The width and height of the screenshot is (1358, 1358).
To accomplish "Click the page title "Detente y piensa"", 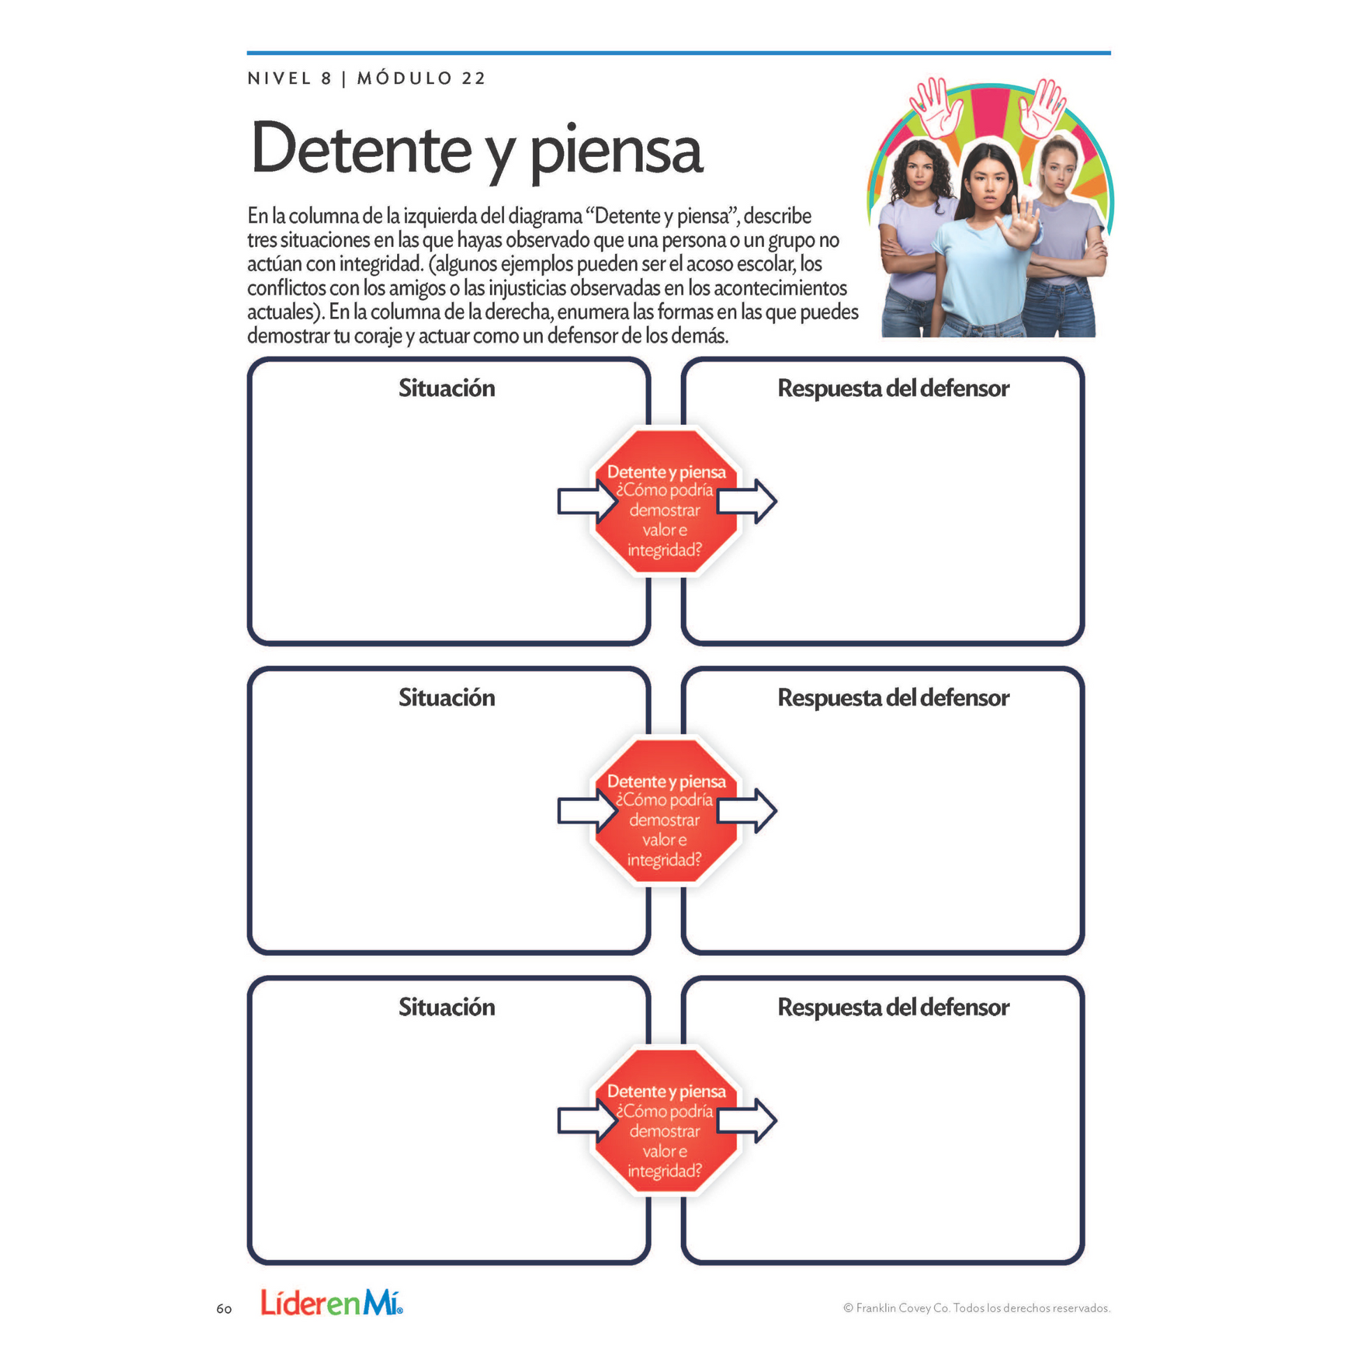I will pos(477,150).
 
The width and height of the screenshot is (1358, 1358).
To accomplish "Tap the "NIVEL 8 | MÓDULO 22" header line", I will pos(366,78).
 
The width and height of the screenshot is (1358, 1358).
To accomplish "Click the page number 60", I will pos(224,1308).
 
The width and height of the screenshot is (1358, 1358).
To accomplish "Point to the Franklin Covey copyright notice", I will pos(976,1308).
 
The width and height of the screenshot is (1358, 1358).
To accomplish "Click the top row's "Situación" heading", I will pos(447,388).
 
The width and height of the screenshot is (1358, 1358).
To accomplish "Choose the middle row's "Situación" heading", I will pos(447,697).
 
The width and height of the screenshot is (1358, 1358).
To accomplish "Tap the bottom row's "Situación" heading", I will pos(447,1006).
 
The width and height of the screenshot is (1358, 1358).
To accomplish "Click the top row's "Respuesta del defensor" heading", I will pos(893,388).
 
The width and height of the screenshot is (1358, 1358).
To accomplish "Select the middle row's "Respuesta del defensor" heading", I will pos(893,697).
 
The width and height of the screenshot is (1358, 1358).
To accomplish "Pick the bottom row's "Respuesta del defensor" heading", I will pos(893,1006).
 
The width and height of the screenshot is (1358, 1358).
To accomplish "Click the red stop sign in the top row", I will pos(666,502).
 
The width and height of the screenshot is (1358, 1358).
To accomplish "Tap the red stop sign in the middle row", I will pos(666,811).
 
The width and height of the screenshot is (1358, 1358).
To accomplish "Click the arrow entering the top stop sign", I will pos(585,501).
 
